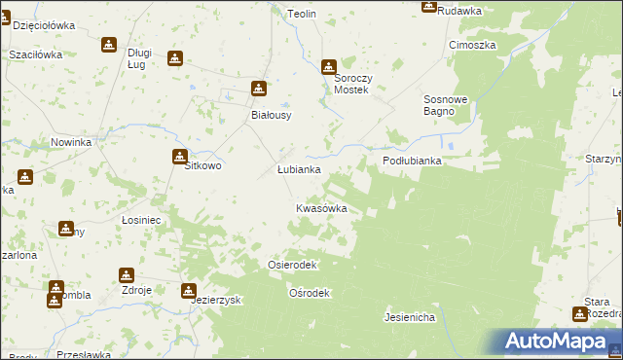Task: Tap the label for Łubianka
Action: pyautogui.click(x=299, y=169)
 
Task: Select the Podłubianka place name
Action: pyautogui.click(x=412, y=162)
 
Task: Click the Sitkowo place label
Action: pyautogui.click(x=203, y=166)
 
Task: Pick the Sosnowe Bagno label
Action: pyautogui.click(x=447, y=105)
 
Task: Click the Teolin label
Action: pyautogui.click(x=304, y=14)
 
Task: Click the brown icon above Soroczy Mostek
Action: pyautogui.click(x=329, y=67)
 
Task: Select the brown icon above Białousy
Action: pyautogui.click(x=259, y=89)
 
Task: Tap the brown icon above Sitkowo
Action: pyautogui.click(x=180, y=157)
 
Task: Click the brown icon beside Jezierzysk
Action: pyautogui.click(x=188, y=290)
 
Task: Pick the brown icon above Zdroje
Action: pyautogui.click(x=127, y=275)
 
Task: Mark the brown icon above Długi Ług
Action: pyautogui.click(x=109, y=45)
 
